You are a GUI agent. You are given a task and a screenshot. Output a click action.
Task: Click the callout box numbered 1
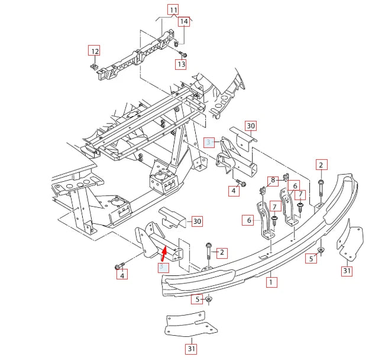coord(271,283)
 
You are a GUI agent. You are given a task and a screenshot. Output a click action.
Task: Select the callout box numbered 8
coord(273,180)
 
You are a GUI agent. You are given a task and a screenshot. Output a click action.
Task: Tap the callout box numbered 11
coord(173,9)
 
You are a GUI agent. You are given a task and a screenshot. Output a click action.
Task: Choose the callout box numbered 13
coord(181,64)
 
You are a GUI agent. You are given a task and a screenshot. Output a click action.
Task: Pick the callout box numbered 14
coord(184,22)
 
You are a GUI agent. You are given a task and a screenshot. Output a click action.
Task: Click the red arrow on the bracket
coord(164,254)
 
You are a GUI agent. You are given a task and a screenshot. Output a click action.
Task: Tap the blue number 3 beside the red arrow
coord(161,268)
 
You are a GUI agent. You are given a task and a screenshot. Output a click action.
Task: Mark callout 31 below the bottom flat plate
coord(191,349)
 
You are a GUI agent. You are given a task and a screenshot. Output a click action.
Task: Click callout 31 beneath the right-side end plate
coord(347,271)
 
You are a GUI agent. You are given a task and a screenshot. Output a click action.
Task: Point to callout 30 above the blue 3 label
coord(251,126)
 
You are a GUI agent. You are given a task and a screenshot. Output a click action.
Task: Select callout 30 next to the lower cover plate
coord(197,221)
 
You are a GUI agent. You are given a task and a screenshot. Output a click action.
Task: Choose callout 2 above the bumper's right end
coord(321,165)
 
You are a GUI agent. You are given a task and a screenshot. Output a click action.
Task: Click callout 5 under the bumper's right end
coord(311,258)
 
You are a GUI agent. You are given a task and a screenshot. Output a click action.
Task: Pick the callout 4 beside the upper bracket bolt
coord(234,191)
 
